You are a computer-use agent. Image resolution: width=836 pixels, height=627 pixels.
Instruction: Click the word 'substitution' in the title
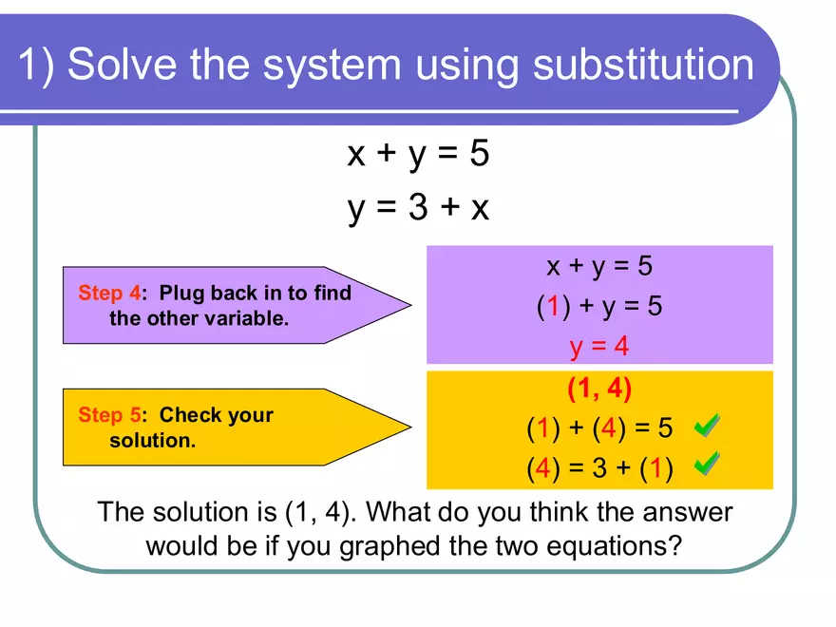click(643, 65)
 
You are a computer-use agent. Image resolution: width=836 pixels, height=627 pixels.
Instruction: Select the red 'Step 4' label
click(108, 293)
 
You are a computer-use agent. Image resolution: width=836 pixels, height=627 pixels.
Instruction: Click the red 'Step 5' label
click(108, 415)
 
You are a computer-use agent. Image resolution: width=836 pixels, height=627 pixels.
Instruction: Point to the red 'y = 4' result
click(599, 346)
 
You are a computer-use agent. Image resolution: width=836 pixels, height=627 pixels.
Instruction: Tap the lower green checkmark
click(706, 465)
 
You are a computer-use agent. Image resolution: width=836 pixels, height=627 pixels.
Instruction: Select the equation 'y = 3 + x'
click(418, 206)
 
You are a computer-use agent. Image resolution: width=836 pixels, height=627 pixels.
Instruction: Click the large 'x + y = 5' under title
click(418, 153)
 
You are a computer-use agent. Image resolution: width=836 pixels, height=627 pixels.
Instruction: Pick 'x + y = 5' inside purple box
click(599, 265)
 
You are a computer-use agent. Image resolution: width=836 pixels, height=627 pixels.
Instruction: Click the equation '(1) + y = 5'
click(599, 306)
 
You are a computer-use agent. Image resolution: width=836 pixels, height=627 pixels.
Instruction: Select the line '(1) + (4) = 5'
click(599, 428)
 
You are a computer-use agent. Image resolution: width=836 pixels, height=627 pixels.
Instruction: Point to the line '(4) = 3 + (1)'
click(599, 469)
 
